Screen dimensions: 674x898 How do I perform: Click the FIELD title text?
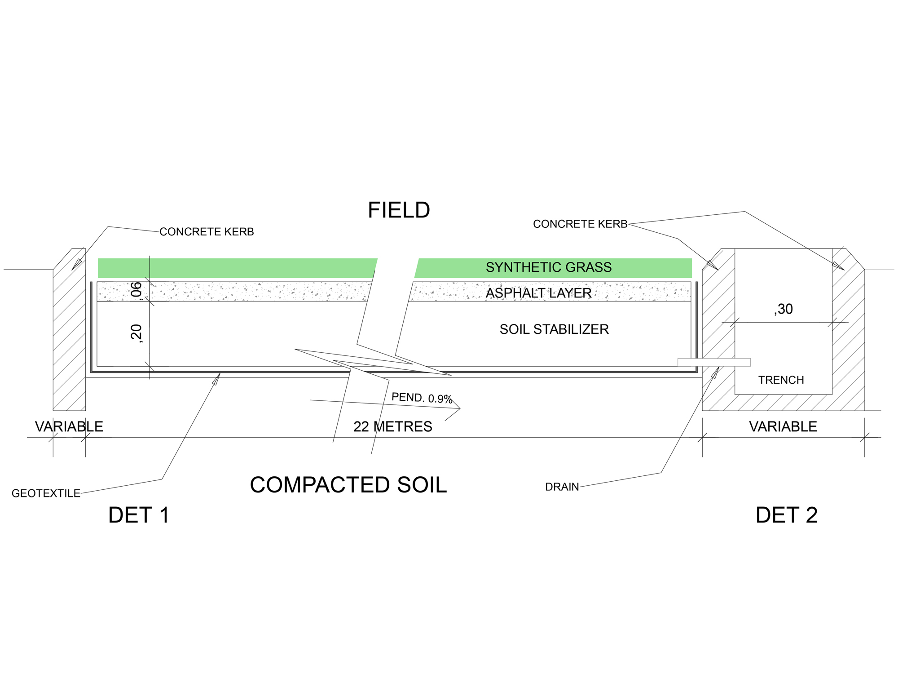[x=399, y=210]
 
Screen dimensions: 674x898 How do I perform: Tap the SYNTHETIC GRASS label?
[x=548, y=267]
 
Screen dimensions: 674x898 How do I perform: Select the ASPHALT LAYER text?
[x=538, y=293]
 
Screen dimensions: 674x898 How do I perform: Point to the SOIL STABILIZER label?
[x=554, y=329]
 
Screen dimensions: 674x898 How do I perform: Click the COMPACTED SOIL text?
[x=348, y=485]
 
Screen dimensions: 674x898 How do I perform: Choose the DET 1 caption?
[x=139, y=515]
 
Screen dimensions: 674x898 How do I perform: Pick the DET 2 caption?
[x=786, y=515]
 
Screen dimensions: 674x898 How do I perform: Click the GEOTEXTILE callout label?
[x=46, y=493]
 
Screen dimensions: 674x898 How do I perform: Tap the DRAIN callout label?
[x=562, y=487]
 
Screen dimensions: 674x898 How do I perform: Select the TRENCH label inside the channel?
[x=781, y=380]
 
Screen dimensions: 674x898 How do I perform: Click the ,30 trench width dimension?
[x=784, y=309]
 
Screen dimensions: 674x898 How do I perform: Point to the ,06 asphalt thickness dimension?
[x=136, y=291]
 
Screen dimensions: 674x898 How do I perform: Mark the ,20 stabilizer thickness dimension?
[x=136, y=333]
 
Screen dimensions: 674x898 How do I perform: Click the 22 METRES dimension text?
[x=392, y=426]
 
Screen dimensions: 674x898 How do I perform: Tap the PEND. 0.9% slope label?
[x=422, y=398]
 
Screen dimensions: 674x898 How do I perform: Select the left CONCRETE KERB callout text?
[x=207, y=232]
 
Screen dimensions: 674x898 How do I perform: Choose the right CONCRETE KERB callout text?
[x=580, y=224]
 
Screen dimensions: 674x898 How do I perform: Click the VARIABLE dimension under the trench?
[x=783, y=426]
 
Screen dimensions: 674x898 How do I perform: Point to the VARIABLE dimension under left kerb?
[x=69, y=426]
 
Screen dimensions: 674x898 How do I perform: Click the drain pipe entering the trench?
[x=714, y=362]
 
